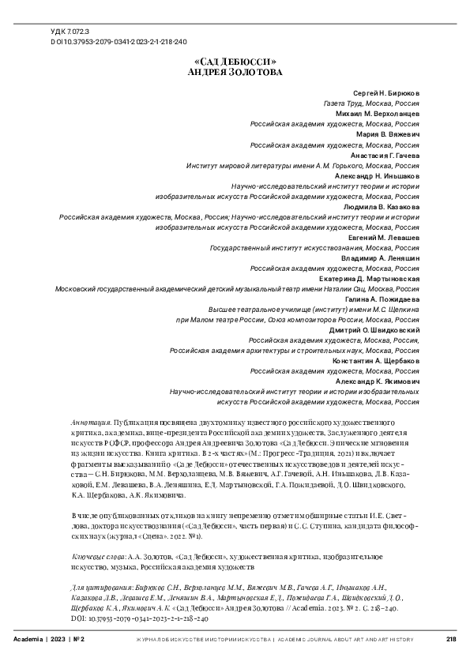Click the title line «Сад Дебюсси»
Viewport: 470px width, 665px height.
[x=234, y=61]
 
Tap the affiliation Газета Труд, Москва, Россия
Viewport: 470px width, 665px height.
[x=371, y=103]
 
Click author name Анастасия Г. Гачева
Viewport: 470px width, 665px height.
[x=382, y=155]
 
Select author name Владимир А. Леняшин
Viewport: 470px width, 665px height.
[x=381, y=257]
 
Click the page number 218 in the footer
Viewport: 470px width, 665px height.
[x=452, y=639]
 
